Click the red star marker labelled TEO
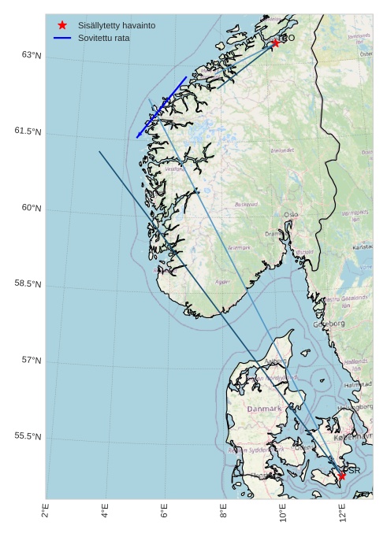tap(275, 43)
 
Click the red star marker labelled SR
tap(341, 476)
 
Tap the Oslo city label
tap(292, 214)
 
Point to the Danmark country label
tap(264, 409)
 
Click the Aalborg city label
tap(276, 361)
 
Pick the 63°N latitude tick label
tap(32, 56)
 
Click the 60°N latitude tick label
tap(32, 209)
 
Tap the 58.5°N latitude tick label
tap(28, 284)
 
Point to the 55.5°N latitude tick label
tap(28, 437)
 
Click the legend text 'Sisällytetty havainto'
tap(116, 25)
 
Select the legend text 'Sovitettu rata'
tap(104, 38)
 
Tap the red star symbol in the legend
tap(62, 25)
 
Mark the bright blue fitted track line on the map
tap(162, 107)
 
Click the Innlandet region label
tap(282, 150)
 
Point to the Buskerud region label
tap(246, 204)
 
